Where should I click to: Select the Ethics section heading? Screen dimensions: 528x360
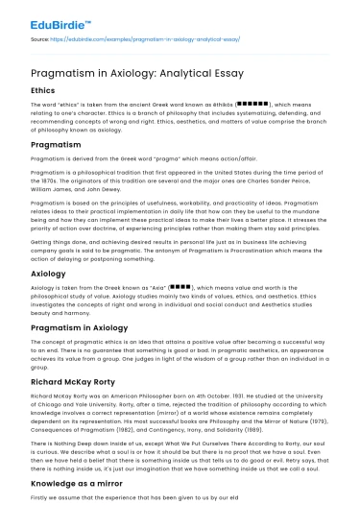click(x=47, y=92)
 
